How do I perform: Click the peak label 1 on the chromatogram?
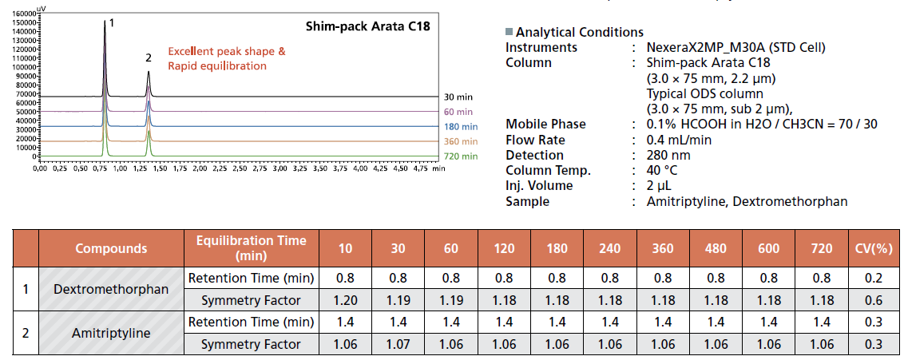tap(111, 23)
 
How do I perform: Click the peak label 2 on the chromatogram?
tap(149, 58)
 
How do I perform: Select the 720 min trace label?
tap(462, 156)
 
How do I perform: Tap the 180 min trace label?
tap(462, 127)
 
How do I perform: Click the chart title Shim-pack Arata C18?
tap(368, 26)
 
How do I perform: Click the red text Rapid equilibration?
tap(217, 65)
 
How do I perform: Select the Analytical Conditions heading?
tap(579, 32)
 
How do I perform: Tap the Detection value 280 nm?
tap(667, 155)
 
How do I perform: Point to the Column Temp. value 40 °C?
tap(660, 170)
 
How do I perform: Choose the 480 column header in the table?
tap(716, 248)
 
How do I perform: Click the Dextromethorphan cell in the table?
tap(111, 289)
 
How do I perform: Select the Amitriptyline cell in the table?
tap(111, 333)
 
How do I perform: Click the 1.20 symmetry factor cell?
tap(345, 300)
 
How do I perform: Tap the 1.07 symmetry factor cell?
tap(398, 344)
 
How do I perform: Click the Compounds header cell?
tap(111, 248)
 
